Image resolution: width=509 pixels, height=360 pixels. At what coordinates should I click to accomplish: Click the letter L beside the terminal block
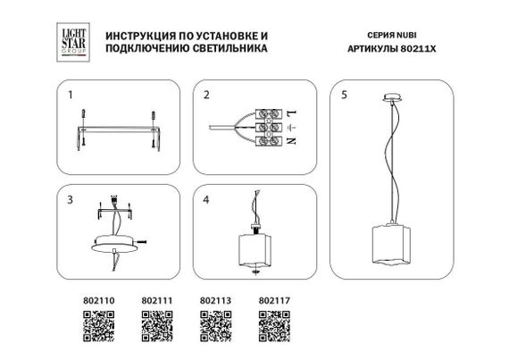pyautogui.click(x=291, y=112)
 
